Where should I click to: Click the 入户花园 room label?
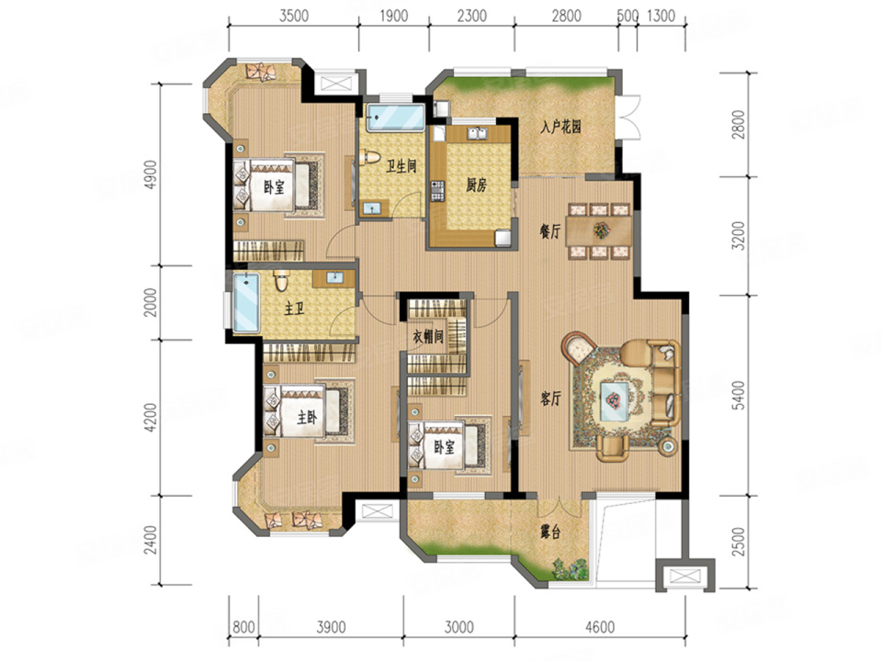560,127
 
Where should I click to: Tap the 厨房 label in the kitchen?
476,185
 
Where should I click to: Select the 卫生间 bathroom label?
401,166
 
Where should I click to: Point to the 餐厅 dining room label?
549,231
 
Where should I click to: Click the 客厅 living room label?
550,399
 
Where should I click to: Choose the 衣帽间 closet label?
428,337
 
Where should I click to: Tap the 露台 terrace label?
550,532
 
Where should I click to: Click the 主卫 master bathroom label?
294,308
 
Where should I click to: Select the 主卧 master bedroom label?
307,417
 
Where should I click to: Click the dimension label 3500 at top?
294,16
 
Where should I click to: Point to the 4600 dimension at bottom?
600,627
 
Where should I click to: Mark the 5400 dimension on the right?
739,395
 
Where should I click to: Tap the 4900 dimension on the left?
151,174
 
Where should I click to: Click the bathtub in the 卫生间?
394,117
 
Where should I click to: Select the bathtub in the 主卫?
246,302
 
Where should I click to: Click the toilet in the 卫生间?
369,157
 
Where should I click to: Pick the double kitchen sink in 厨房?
478,134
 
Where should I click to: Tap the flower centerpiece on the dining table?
602,230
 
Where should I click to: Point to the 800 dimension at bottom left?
243,627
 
